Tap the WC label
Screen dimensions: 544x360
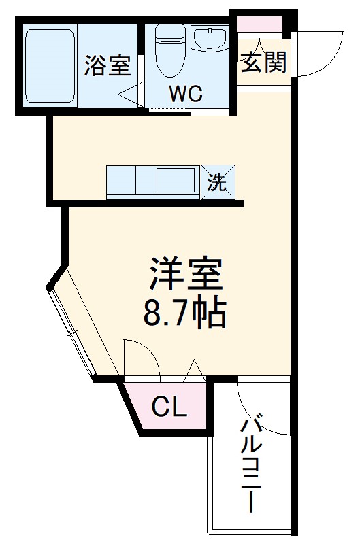tap(186, 93)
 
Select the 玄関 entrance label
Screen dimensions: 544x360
tap(263, 63)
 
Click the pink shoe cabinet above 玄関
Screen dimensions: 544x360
tap(259, 24)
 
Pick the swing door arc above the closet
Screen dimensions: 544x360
tap(142, 357)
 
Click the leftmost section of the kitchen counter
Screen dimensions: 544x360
tap(121, 182)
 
